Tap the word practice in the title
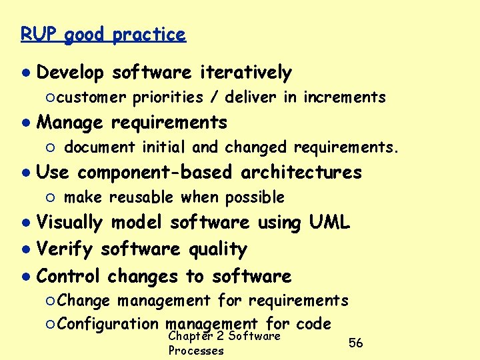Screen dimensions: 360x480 149,35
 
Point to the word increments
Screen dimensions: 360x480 345,97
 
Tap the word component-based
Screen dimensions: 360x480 155,173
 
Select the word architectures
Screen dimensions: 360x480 301,173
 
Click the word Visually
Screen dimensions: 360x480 70,223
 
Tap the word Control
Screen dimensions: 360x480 69,275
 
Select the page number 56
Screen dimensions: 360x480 356,343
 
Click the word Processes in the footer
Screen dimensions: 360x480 196,351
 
